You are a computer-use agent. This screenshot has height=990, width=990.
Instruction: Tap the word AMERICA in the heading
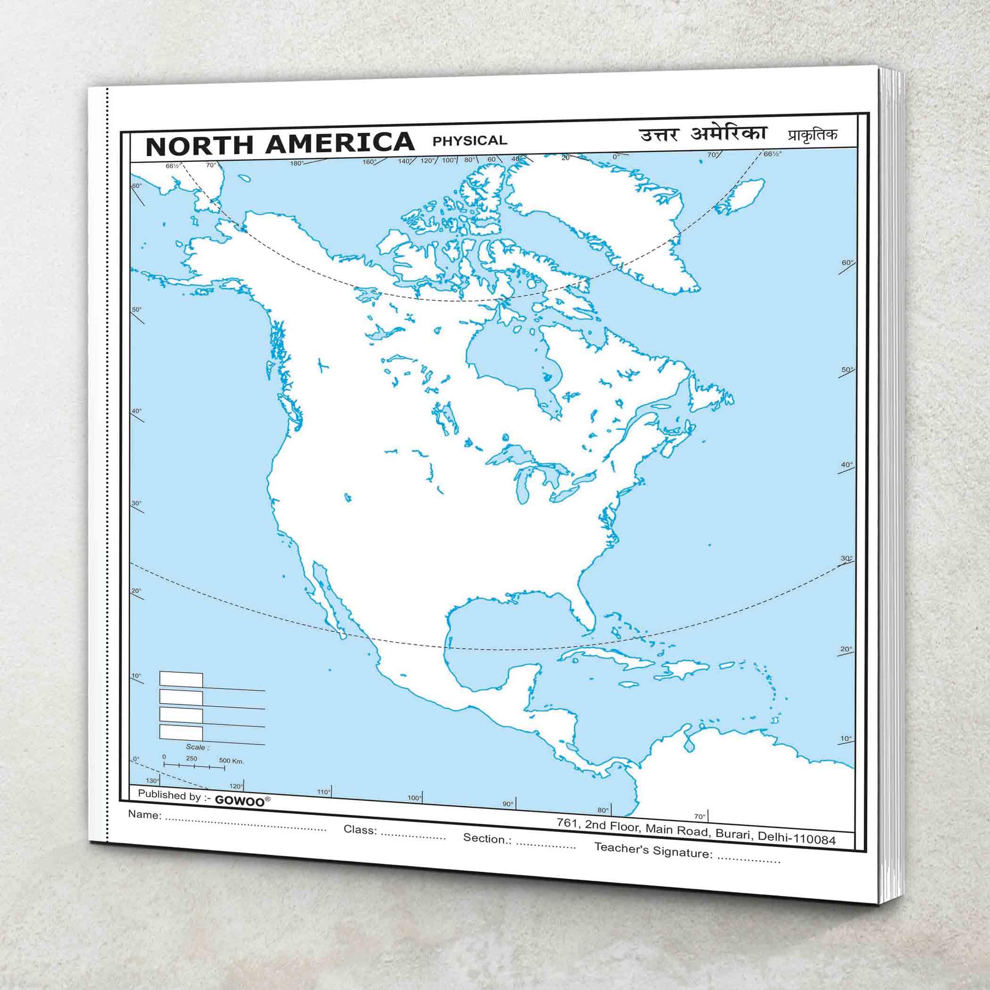point(339,142)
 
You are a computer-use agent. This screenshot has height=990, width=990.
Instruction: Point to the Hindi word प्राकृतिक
point(805,135)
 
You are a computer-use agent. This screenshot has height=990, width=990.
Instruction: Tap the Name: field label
point(145,814)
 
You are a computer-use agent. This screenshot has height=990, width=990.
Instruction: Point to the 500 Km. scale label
point(231,760)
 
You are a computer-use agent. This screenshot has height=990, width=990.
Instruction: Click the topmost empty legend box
point(181,679)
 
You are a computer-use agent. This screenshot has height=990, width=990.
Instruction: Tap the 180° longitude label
point(296,163)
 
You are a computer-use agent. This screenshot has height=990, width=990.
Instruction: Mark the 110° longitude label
point(323,792)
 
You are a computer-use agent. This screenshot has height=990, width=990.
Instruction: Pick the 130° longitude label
point(153,780)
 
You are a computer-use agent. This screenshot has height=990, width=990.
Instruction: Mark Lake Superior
point(507,453)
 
